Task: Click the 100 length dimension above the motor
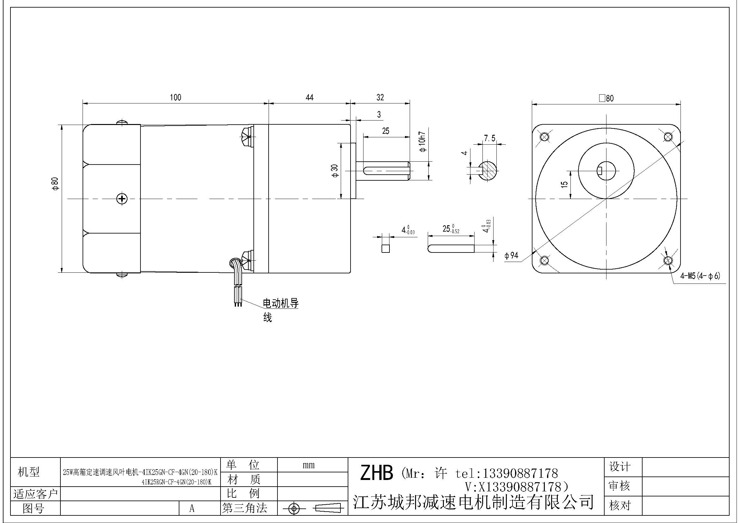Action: [x=175, y=97]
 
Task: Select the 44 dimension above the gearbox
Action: [x=309, y=97]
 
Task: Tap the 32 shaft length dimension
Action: [x=380, y=97]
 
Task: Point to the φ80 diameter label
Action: [x=55, y=184]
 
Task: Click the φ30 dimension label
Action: [x=335, y=171]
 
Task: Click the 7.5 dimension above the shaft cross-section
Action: [x=489, y=139]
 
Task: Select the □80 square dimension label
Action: [x=606, y=98]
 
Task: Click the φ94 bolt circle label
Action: [x=512, y=256]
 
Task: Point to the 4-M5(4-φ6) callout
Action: [x=700, y=276]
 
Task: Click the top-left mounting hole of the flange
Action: [x=544, y=137]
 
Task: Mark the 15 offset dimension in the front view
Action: [x=564, y=185]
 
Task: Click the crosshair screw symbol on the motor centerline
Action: [x=122, y=199]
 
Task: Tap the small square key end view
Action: [x=385, y=248]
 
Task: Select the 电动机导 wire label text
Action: [x=281, y=303]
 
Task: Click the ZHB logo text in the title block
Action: [x=376, y=473]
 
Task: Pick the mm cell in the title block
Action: [x=308, y=465]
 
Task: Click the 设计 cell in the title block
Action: [x=619, y=466]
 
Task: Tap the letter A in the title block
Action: [x=192, y=508]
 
